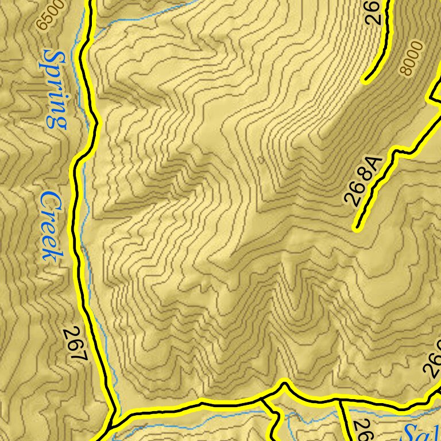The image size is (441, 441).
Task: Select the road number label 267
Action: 75,344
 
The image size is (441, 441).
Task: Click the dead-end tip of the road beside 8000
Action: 365,79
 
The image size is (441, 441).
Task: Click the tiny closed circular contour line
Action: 261,161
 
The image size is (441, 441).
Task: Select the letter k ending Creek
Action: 51,253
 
